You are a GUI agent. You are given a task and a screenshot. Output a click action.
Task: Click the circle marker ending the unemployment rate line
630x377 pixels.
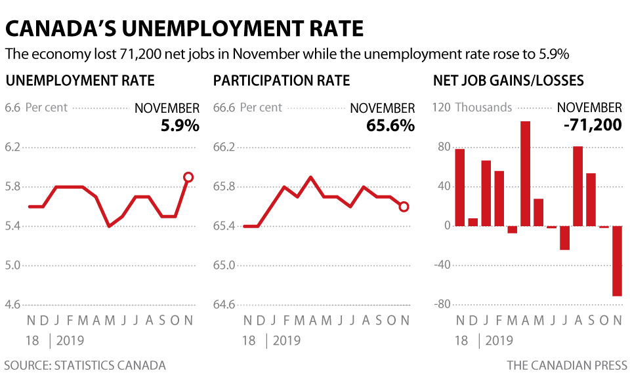click(x=188, y=177)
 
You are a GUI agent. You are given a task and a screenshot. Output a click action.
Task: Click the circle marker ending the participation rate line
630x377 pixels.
click(x=404, y=207)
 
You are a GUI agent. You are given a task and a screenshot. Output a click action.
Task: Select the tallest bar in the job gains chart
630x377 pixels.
click(x=525, y=174)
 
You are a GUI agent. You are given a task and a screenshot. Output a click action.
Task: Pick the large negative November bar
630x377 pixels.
click(x=617, y=261)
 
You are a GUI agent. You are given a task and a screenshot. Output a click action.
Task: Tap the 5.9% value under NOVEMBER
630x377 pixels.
click(x=180, y=125)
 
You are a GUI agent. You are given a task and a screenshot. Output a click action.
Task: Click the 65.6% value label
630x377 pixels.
click(x=390, y=125)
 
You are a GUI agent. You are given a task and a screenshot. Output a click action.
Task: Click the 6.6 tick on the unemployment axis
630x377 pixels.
click(x=12, y=108)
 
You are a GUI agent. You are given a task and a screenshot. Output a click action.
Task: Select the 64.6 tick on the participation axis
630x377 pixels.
click(x=224, y=305)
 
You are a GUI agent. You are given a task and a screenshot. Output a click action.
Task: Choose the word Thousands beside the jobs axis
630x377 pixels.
click(x=484, y=108)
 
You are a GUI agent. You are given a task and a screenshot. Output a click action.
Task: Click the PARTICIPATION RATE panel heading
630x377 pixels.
click(x=282, y=81)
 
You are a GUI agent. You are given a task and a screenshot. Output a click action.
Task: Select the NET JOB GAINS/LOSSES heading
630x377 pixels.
click(x=509, y=81)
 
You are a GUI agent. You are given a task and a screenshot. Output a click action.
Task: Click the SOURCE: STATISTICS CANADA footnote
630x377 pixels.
click(x=85, y=365)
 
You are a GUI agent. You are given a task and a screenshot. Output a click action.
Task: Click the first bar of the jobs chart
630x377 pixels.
click(x=459, y=188)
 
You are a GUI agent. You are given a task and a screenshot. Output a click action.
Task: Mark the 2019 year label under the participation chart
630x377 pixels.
click(x=287, y=340)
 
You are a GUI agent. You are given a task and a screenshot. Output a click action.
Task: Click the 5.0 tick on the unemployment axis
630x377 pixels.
click(x=12, y=266)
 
